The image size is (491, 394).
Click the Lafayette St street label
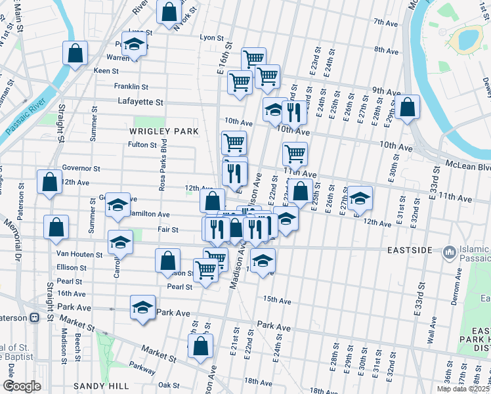(140, 102)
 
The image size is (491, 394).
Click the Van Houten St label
(79, 254)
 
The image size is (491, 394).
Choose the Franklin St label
(131, 86)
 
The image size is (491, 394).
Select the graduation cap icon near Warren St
(135, 44)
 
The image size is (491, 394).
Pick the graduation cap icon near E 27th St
(360, 198)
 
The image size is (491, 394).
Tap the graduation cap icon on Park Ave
(143, 307)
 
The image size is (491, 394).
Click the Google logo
(22, 386)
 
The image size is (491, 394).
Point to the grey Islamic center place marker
(450, 252)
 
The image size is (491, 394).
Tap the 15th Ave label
(276, 300)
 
